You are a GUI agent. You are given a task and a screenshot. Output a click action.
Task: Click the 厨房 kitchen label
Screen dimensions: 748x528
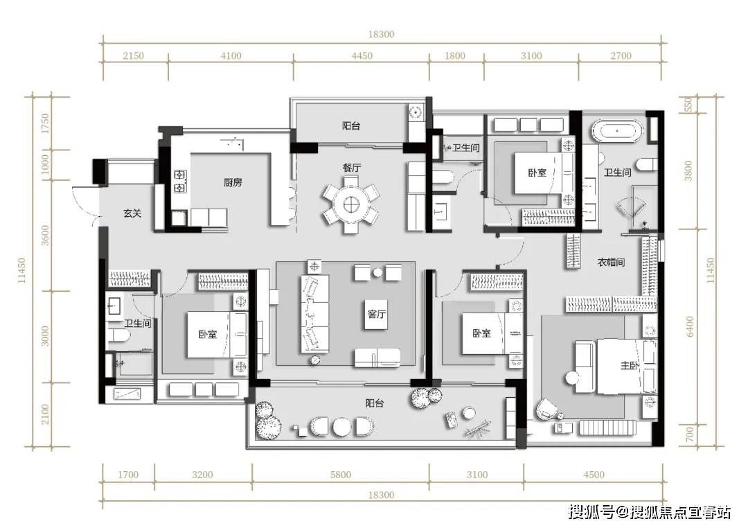233,182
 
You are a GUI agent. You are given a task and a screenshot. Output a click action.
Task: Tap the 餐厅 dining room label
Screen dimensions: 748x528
352,168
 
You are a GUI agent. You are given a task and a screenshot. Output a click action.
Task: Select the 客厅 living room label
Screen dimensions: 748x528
376,314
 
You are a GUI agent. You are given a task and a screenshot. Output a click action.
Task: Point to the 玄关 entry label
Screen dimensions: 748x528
132,213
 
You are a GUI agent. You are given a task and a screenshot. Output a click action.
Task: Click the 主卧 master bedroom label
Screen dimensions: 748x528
629,366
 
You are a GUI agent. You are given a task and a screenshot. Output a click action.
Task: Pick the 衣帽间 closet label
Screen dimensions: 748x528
611,262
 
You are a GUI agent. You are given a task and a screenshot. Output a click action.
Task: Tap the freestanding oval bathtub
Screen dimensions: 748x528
617,131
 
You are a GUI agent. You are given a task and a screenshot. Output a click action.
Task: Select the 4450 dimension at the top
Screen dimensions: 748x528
362,56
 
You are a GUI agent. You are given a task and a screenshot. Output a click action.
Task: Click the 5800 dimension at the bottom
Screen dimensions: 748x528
341,475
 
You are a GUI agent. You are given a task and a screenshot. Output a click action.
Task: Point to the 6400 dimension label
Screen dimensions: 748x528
690,326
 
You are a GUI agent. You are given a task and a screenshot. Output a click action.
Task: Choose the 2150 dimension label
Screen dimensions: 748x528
133,56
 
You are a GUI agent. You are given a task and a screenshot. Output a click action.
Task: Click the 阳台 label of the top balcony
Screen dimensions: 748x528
351,125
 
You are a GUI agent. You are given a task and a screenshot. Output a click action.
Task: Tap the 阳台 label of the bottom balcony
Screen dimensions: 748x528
375,403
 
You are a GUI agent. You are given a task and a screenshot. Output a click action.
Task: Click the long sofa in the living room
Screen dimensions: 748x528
315,313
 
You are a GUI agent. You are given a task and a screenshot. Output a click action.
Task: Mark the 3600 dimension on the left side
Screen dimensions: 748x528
45,235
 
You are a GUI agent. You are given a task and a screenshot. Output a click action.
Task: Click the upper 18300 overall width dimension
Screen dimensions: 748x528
381,35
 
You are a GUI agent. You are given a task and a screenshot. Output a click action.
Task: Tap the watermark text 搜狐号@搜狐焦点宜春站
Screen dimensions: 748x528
649,513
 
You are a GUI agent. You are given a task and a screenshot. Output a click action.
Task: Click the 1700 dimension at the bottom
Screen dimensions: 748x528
128,475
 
